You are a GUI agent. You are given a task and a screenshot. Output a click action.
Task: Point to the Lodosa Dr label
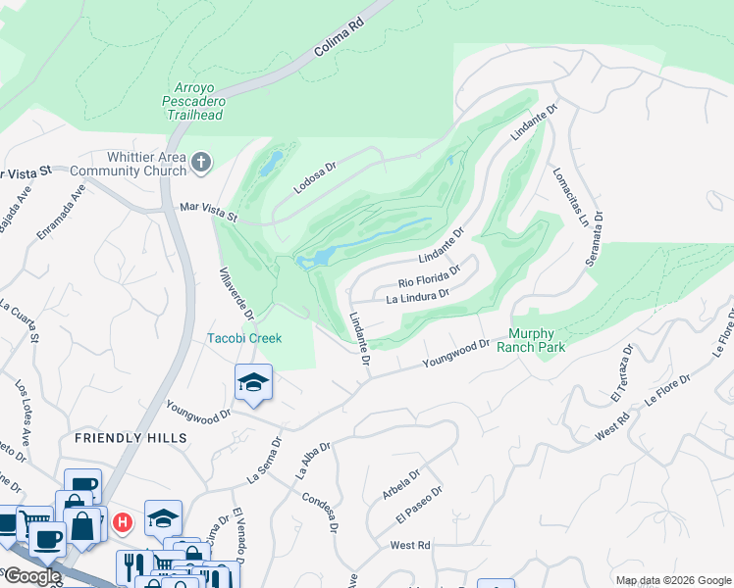tap(316, 176)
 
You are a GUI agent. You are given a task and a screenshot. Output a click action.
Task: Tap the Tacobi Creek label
tap(244, 338)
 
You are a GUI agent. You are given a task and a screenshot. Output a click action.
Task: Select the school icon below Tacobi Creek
tap(253, 383)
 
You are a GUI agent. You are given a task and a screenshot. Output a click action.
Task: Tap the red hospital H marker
tap(122, 522)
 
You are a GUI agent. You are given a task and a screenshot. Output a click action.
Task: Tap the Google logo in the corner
tap(31, 576)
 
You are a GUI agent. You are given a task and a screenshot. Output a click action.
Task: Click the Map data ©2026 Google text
tap(672, 580)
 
